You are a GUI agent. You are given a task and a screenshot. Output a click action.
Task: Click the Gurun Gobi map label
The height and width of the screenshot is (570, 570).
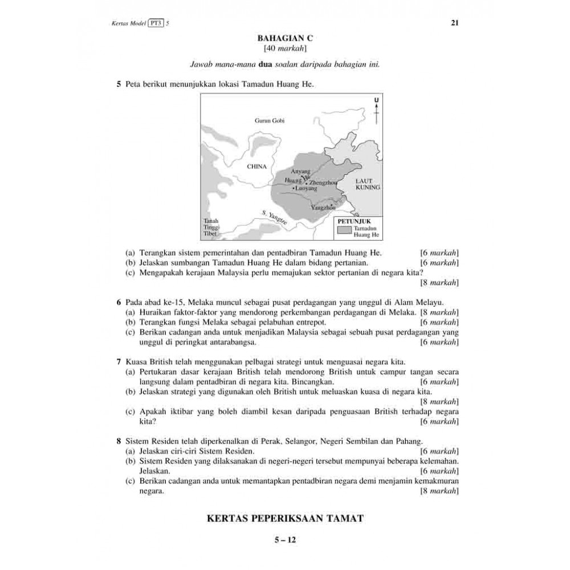point(269,121)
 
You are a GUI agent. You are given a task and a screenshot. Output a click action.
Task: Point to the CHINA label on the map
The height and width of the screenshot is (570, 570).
point(256,166)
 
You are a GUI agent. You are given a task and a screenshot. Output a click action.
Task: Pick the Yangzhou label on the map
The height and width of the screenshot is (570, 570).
point(323,208)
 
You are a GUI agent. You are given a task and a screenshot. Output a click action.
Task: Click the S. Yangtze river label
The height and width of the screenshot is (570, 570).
point(275,217)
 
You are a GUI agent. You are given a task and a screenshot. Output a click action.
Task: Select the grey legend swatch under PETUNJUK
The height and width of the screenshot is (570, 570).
point(344,230)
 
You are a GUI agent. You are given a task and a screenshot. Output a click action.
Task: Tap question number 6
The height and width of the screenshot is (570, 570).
point(119,302)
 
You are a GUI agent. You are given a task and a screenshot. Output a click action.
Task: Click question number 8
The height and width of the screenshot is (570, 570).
point(119,441)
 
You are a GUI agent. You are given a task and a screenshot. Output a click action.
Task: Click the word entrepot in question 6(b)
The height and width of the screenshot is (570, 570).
point(308,322)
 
